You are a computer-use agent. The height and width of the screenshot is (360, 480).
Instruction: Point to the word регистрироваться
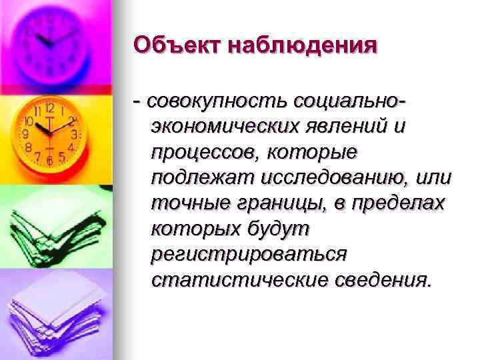point(249,255)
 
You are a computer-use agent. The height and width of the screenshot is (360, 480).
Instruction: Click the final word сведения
point(380,279)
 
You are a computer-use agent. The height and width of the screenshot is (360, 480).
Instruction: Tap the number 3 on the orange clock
point(75,134)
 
